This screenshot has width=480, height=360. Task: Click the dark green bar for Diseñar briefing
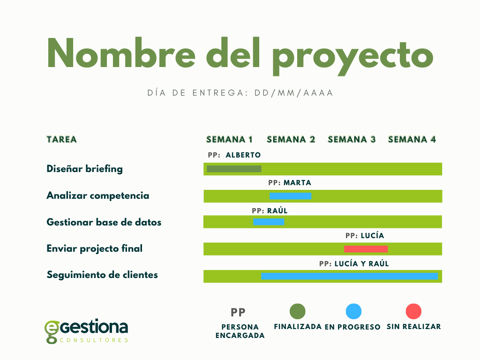tap(234, 169)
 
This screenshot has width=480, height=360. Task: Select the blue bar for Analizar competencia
tap(291, 196)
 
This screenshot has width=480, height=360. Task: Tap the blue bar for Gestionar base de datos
tap(269, 222)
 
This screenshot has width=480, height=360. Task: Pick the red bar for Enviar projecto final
tap(366, 249)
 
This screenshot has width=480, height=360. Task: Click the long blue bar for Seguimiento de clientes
tap(349, 276)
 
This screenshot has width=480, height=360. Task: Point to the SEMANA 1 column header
tap(229, 140)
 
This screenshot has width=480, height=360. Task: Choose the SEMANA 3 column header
tap(352, 140)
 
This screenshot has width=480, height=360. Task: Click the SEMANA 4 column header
tap(412, 140)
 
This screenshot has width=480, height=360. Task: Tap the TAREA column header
tap(61, 140)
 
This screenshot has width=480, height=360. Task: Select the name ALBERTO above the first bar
tap(243, 155)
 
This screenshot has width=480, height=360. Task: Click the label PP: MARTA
tap(290, 183)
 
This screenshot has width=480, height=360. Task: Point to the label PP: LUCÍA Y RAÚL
tap(354, 263)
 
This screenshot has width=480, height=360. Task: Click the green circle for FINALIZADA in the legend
tap(298, 311)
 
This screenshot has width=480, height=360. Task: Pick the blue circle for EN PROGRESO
tap(353, 311)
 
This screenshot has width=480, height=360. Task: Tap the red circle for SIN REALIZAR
tap(413, 311)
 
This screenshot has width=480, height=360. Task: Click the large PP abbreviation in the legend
tap(238, 313)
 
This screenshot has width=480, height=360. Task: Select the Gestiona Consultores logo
tap(86, 331)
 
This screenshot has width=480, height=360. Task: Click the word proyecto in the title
tap(352, 56)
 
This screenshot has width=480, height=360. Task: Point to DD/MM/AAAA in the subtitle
tap(293, 93)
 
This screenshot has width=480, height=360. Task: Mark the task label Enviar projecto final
tap(95, 248)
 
